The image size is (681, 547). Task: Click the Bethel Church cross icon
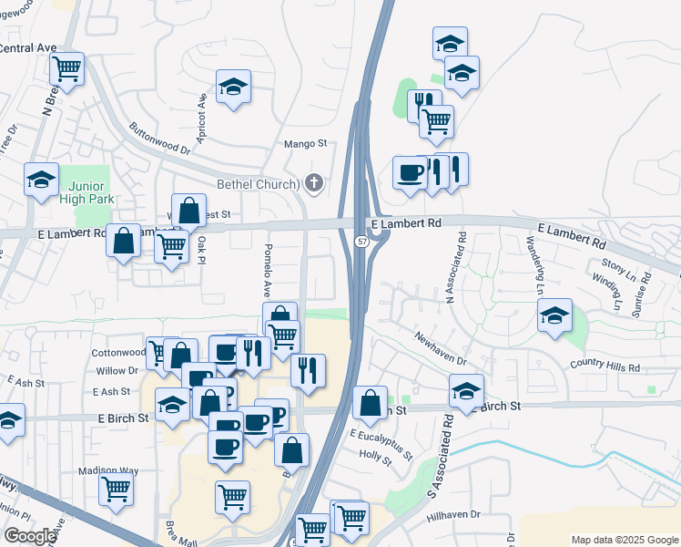[314, 183]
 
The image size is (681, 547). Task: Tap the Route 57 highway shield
[361, 241]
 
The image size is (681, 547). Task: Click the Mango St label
[305, 143]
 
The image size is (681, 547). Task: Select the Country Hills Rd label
[605, 366]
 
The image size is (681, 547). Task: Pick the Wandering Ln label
[534, 264]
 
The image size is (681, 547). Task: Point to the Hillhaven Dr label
[452, 516]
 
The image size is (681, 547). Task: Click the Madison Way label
[108, 470]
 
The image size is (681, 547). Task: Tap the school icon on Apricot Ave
[234, 87]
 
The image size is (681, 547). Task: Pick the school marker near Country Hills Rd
[554, 315]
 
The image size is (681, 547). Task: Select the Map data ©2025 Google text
[624, 540]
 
